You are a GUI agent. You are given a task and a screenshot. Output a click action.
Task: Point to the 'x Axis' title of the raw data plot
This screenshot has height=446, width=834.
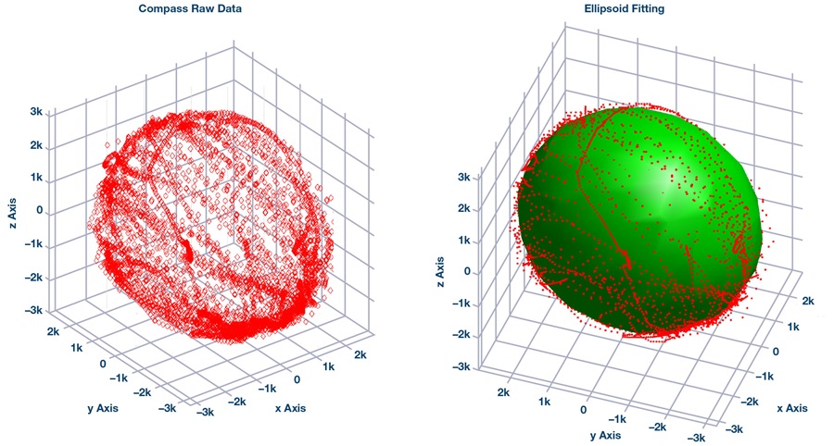290,407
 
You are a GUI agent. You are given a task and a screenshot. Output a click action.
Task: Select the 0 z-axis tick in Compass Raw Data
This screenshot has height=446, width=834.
41,211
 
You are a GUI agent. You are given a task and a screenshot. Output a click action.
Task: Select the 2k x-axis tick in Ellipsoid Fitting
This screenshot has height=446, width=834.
809,301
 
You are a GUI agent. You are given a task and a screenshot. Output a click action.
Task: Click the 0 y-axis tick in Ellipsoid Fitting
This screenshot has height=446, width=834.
584,410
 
